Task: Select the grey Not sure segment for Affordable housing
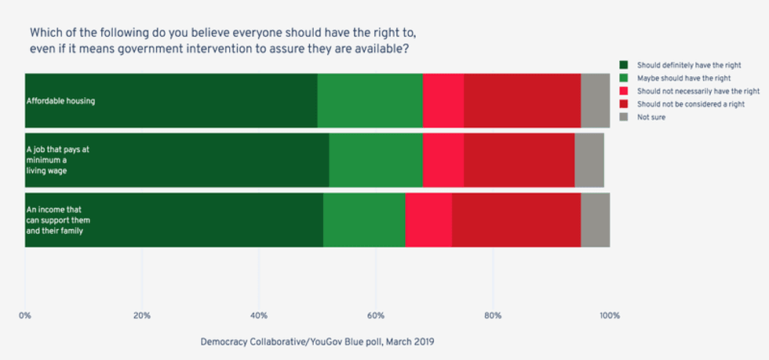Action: (595, 100)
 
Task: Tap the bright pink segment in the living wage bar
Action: (443, 160)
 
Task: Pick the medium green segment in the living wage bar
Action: (375, 160)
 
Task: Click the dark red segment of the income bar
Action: (516, 220)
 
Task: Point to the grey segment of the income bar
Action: (595, 220)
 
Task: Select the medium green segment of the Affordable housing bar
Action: (370, 100)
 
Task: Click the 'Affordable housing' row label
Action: (60, 101)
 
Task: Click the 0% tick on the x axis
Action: (25, 315)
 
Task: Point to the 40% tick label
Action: (259, 315)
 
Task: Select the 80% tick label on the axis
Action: (493, 315)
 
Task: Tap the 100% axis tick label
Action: (609, 315)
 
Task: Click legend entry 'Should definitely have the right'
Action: (683, 65)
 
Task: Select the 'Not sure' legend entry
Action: (651, 117)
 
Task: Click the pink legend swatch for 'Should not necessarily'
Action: (624, 91)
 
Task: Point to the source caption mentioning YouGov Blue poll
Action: (317, 342)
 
